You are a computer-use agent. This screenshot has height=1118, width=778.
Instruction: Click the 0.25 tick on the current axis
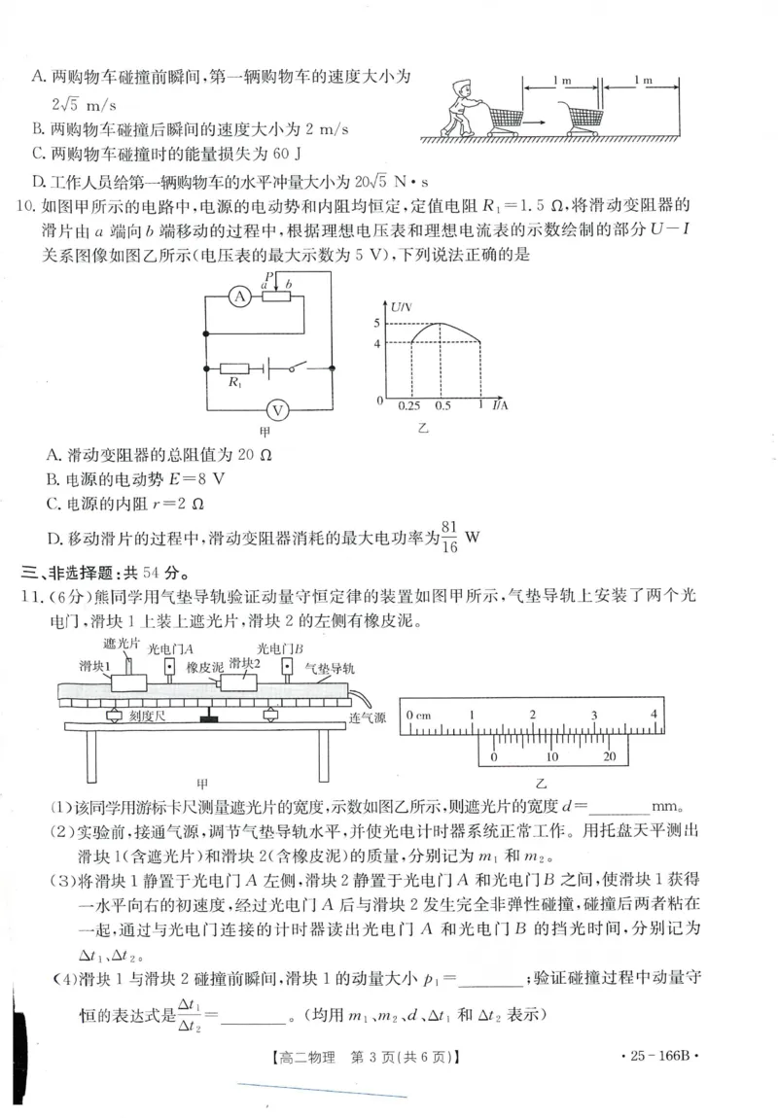[410, 405]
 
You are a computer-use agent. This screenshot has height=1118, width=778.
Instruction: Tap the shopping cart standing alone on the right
[577, 115]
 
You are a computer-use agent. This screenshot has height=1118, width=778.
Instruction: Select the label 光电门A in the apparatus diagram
[170, 647]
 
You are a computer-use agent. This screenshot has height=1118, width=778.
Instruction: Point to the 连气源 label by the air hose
[367, 717]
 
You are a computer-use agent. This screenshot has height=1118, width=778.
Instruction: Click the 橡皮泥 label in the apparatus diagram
[203, 669]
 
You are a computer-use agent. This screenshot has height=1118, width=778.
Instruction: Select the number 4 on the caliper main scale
[654, 715]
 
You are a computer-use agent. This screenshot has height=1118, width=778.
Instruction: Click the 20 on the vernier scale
[610, 756]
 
